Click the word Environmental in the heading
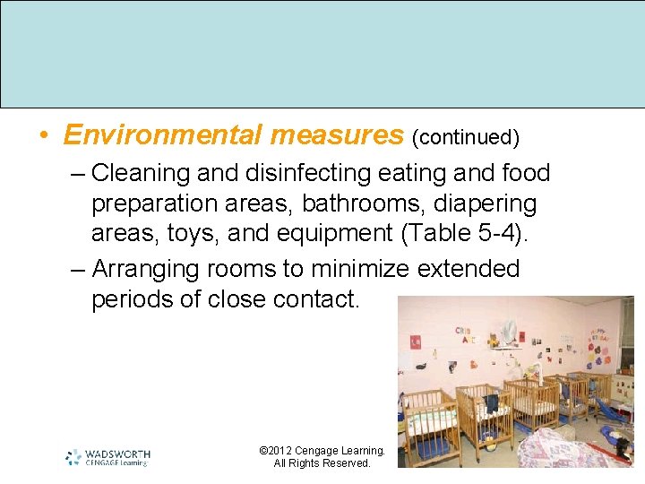(x=161, y=135)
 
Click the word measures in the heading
(x=337, y=135)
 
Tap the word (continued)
(x=466, y=137)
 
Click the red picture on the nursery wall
(x=415, y=342)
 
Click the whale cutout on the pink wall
(x=420, y=367)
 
